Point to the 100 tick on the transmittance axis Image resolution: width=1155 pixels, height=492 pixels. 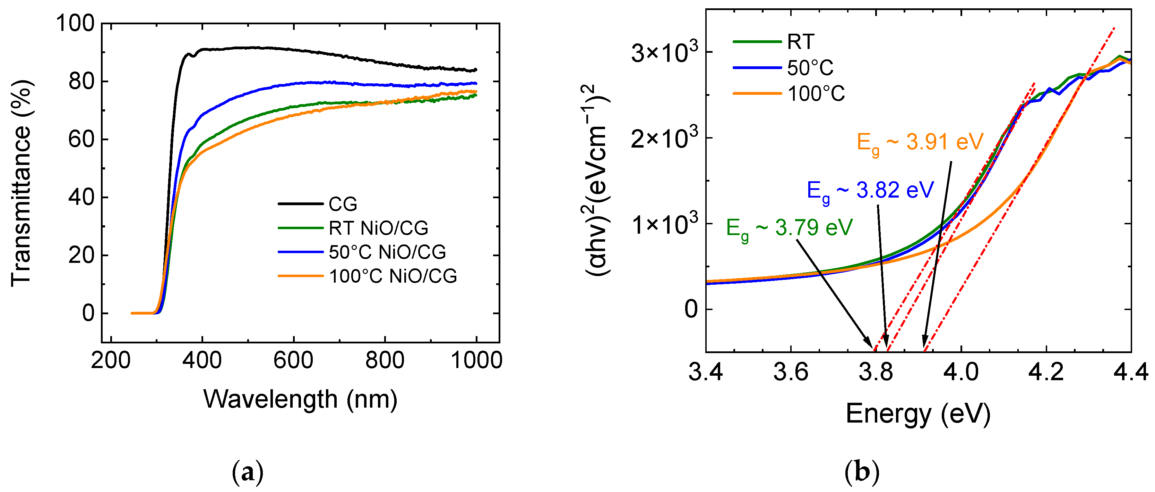(x=75, y=23)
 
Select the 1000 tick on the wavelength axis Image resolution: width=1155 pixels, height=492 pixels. (x=476, y=360)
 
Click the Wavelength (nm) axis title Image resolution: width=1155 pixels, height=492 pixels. (x=300, y=399)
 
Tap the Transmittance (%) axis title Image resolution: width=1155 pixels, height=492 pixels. (x=21, y=183)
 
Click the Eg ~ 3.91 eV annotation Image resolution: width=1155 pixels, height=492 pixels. (x=920, y=143)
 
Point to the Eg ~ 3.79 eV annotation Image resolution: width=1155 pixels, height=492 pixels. (x=789, y=228)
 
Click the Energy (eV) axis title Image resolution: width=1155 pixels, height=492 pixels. (x=918, y=414)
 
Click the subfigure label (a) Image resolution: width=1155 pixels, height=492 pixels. (x=248, y=473)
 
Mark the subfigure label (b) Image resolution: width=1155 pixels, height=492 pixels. (x=862, y=473)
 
